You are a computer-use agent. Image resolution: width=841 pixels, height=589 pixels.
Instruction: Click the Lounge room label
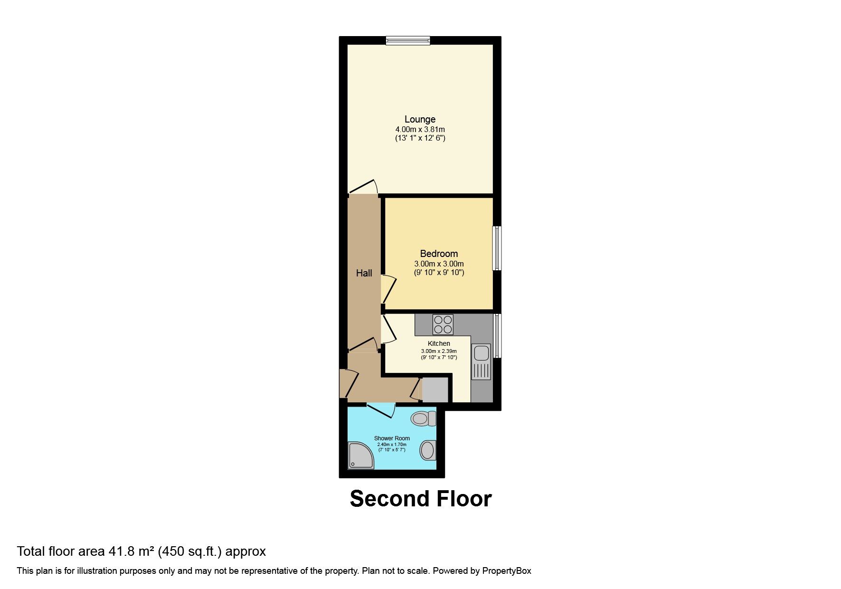coord(420,119)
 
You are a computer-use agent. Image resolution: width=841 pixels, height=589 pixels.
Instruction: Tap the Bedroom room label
coord(439,254)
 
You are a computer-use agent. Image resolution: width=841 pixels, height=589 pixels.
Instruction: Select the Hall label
coord(364,273)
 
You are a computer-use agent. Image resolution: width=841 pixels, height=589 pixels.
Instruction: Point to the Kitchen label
coord(439,343)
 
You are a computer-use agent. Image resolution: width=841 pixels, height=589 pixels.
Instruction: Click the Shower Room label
coord(392,438)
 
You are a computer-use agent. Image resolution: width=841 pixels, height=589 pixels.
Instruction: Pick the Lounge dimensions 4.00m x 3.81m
coord(420,129)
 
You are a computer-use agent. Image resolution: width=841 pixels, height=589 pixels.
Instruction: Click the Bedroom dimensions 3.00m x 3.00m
coord(439,264)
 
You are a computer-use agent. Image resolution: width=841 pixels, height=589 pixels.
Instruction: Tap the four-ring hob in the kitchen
coord(443,324)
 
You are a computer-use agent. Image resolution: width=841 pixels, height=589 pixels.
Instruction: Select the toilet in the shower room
coord(424,418)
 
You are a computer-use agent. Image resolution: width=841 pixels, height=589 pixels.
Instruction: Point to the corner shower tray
coord(361,456)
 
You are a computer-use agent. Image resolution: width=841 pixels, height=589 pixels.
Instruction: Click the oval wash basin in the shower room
coord(428,450)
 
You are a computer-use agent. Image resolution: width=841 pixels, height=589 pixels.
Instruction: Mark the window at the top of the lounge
coord(408,41)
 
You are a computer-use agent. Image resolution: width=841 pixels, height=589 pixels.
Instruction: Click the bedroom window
coord(497,248)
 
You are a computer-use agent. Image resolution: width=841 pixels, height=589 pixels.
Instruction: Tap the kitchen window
coord(497,335)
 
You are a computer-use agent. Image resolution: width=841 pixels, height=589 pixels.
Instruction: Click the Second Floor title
coord(421,499)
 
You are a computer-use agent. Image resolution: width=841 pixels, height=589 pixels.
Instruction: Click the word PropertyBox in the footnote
coord(507,571)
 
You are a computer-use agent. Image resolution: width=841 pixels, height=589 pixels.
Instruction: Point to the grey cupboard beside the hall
coord(435,390)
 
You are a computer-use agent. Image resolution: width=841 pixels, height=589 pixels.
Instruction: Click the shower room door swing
coord(381,410)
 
